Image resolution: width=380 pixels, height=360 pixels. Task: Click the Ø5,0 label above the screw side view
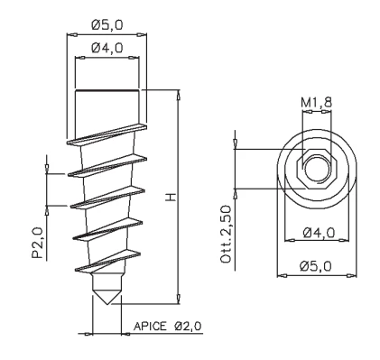coord(107,24)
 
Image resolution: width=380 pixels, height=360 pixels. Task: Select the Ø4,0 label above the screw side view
coord(107,48)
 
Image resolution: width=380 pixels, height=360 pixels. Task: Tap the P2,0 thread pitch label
coord(37,243)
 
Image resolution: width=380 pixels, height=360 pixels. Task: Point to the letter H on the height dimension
coord(171,198)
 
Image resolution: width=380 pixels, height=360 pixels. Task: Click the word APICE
coord(150,326)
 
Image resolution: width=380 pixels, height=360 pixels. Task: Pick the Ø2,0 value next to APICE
coord(188,326)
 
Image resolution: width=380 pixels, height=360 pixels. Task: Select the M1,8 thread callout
coord(317,103)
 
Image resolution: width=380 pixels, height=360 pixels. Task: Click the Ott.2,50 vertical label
coord(227,235)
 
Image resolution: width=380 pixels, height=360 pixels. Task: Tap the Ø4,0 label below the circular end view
coord(319,233)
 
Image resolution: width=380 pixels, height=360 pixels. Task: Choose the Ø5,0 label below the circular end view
coord(316,266)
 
